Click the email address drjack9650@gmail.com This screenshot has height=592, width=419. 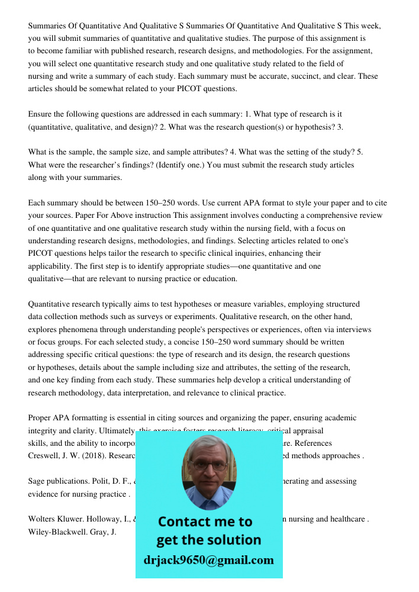208,560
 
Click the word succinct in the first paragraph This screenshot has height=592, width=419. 288,76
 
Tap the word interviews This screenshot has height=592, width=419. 353,329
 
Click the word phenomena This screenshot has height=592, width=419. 82,329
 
